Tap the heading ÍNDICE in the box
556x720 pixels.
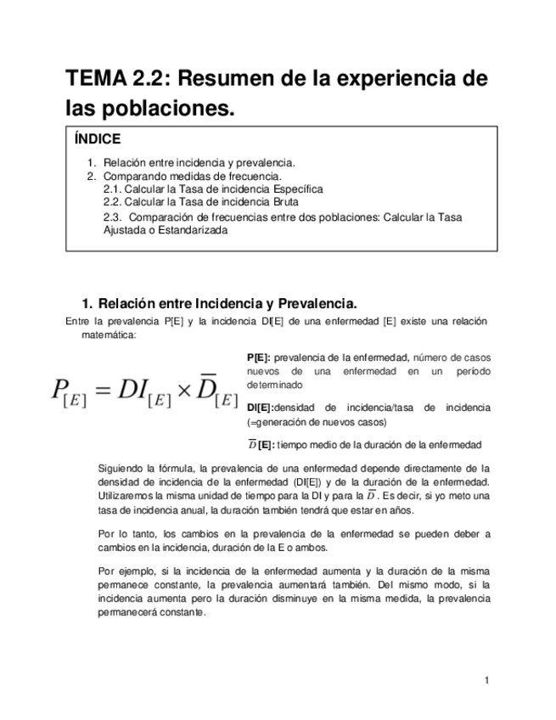(98, 139)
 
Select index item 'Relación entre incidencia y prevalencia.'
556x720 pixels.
(199, 163)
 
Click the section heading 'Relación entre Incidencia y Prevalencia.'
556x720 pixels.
(227, 304)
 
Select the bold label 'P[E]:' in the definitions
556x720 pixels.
(258, 357)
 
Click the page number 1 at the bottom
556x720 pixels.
(487, 680)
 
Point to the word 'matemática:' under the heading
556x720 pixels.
(108, 335)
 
